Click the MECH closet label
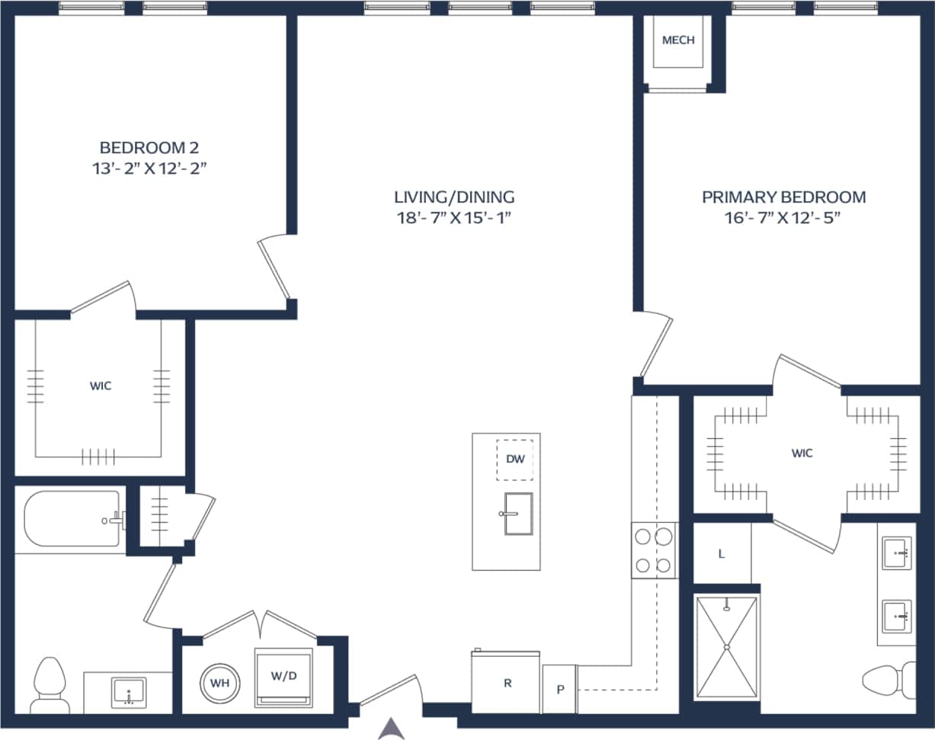pyautogui.click(x=678, y=40)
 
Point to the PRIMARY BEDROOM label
pyautogui.click(x=783, y=197)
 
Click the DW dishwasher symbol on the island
pyautogui.click(x=514, y=460)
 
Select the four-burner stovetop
pyautogui.click(x=655, y=550)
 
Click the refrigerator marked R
pyautogui.click(x=507, y=682)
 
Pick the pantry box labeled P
pyautogui.click(x=560, y=689)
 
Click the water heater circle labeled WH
pyautogui.click(x=220, y=683)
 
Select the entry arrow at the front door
pyautogui.click(x=390, y=729)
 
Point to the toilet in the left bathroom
pyautogui.click(x=51, y=684)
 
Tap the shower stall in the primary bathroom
pyautogui.click(x=727, y=647)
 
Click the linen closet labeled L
pyautogui.click(x=721, y=554)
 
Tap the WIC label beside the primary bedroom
pyautogui.click(x=802, y=453)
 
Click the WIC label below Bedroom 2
pyautogui.click(x=100, y=386)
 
